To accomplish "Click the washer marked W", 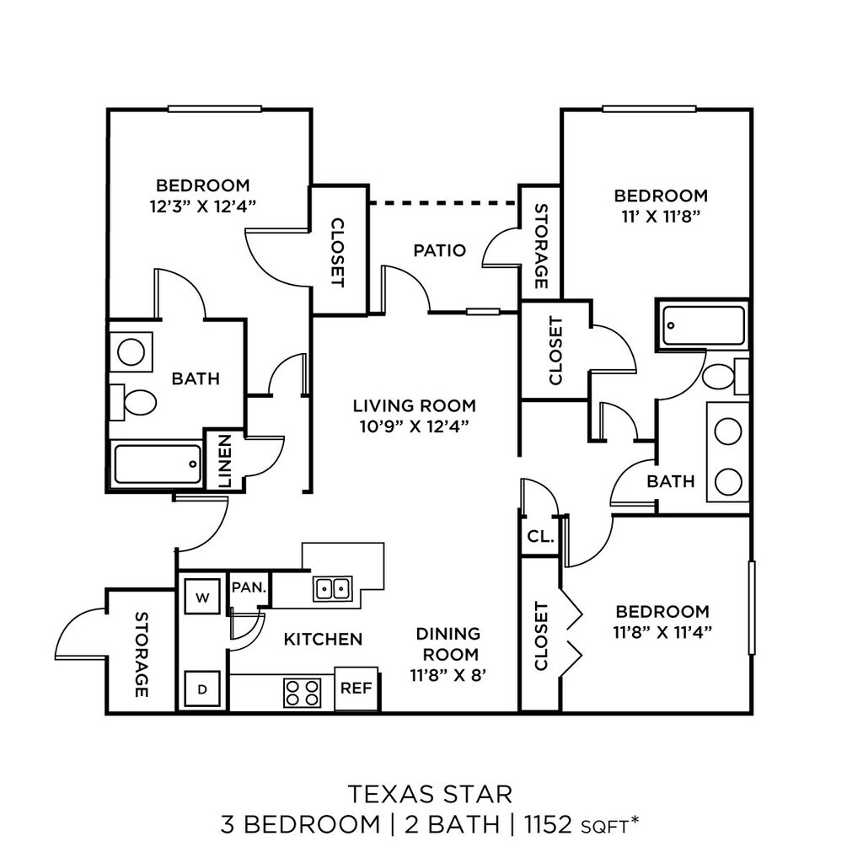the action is [201, 598].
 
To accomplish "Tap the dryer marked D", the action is [201, 689].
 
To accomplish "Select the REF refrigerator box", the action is [356, 688].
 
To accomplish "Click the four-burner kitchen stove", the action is [302, 693].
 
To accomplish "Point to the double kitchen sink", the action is [333, 587].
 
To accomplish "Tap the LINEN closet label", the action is [225, 461].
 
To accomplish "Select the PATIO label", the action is [439, 250].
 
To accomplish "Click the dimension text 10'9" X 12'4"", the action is [414, 426].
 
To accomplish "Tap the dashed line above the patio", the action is [443, 202].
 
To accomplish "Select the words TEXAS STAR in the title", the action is [431, 793].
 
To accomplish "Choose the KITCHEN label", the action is [323, 640].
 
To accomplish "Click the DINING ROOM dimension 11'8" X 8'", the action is [444, 674].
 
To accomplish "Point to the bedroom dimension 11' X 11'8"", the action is [661, 215].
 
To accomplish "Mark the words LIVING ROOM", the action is [414, 405].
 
